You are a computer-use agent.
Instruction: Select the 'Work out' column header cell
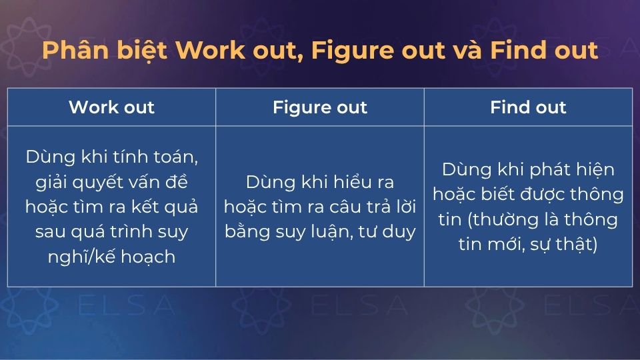[111, 107]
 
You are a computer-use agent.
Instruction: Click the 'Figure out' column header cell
[320, 107]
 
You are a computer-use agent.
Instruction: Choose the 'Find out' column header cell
[528, 107]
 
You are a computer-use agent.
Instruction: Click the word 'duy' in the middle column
[400, 231]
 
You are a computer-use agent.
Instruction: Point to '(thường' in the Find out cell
[501, 219]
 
